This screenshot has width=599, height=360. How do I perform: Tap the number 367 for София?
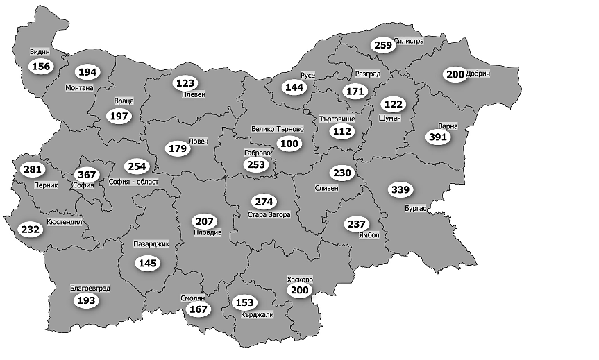click(x=87, y=175)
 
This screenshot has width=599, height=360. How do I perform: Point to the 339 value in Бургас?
click(x=401, y=189)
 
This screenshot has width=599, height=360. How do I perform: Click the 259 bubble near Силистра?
click(x=382, y=45)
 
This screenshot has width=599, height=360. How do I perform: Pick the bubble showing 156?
click(x=41, y=65)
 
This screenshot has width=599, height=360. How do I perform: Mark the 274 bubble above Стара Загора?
click(x=264, y=203)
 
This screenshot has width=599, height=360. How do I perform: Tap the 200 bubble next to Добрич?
click(x=455, y=74)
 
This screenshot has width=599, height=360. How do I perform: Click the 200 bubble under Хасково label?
click(x=300, y=291)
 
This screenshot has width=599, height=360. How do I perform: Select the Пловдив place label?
click(x=208, y=233)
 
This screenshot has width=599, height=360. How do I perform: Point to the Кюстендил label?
click(x=64, y=222)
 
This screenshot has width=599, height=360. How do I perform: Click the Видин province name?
click(x=40, y=52)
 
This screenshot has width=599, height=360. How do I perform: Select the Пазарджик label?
click(x=151, y=244)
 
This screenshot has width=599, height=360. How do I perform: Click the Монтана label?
click(x=78, y=88)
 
